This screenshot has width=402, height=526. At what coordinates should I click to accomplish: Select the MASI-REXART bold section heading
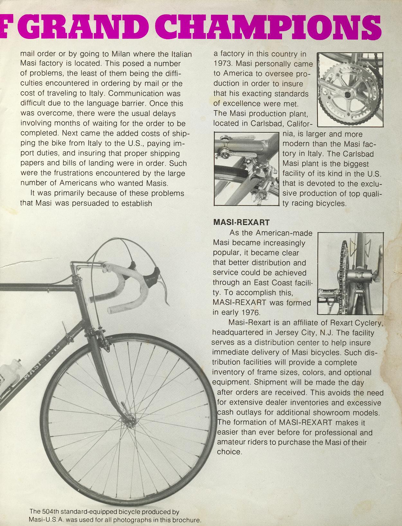pos(241,222)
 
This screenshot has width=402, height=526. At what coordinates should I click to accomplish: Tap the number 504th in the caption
pos(52,512)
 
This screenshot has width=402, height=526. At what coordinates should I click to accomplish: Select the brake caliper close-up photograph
pos(246,169)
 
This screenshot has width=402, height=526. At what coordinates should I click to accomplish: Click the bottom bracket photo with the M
pos(350,273)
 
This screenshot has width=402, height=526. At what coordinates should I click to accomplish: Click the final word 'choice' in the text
pos(229,452)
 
